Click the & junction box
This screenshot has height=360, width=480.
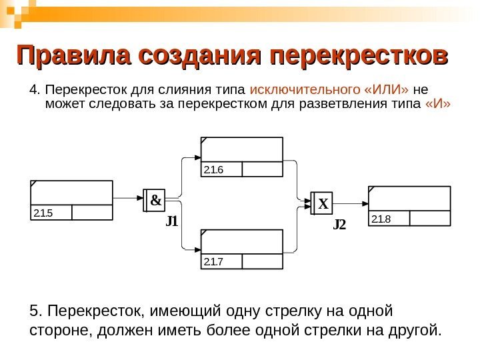pos(155,199)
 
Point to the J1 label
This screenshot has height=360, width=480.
pos(172,221)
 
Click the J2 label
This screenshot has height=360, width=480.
pos(340,225)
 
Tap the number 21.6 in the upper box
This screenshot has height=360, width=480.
pos(213,169)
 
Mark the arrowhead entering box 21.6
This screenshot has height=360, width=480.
pos(197,159)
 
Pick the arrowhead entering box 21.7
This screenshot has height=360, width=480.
pos(197,249)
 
